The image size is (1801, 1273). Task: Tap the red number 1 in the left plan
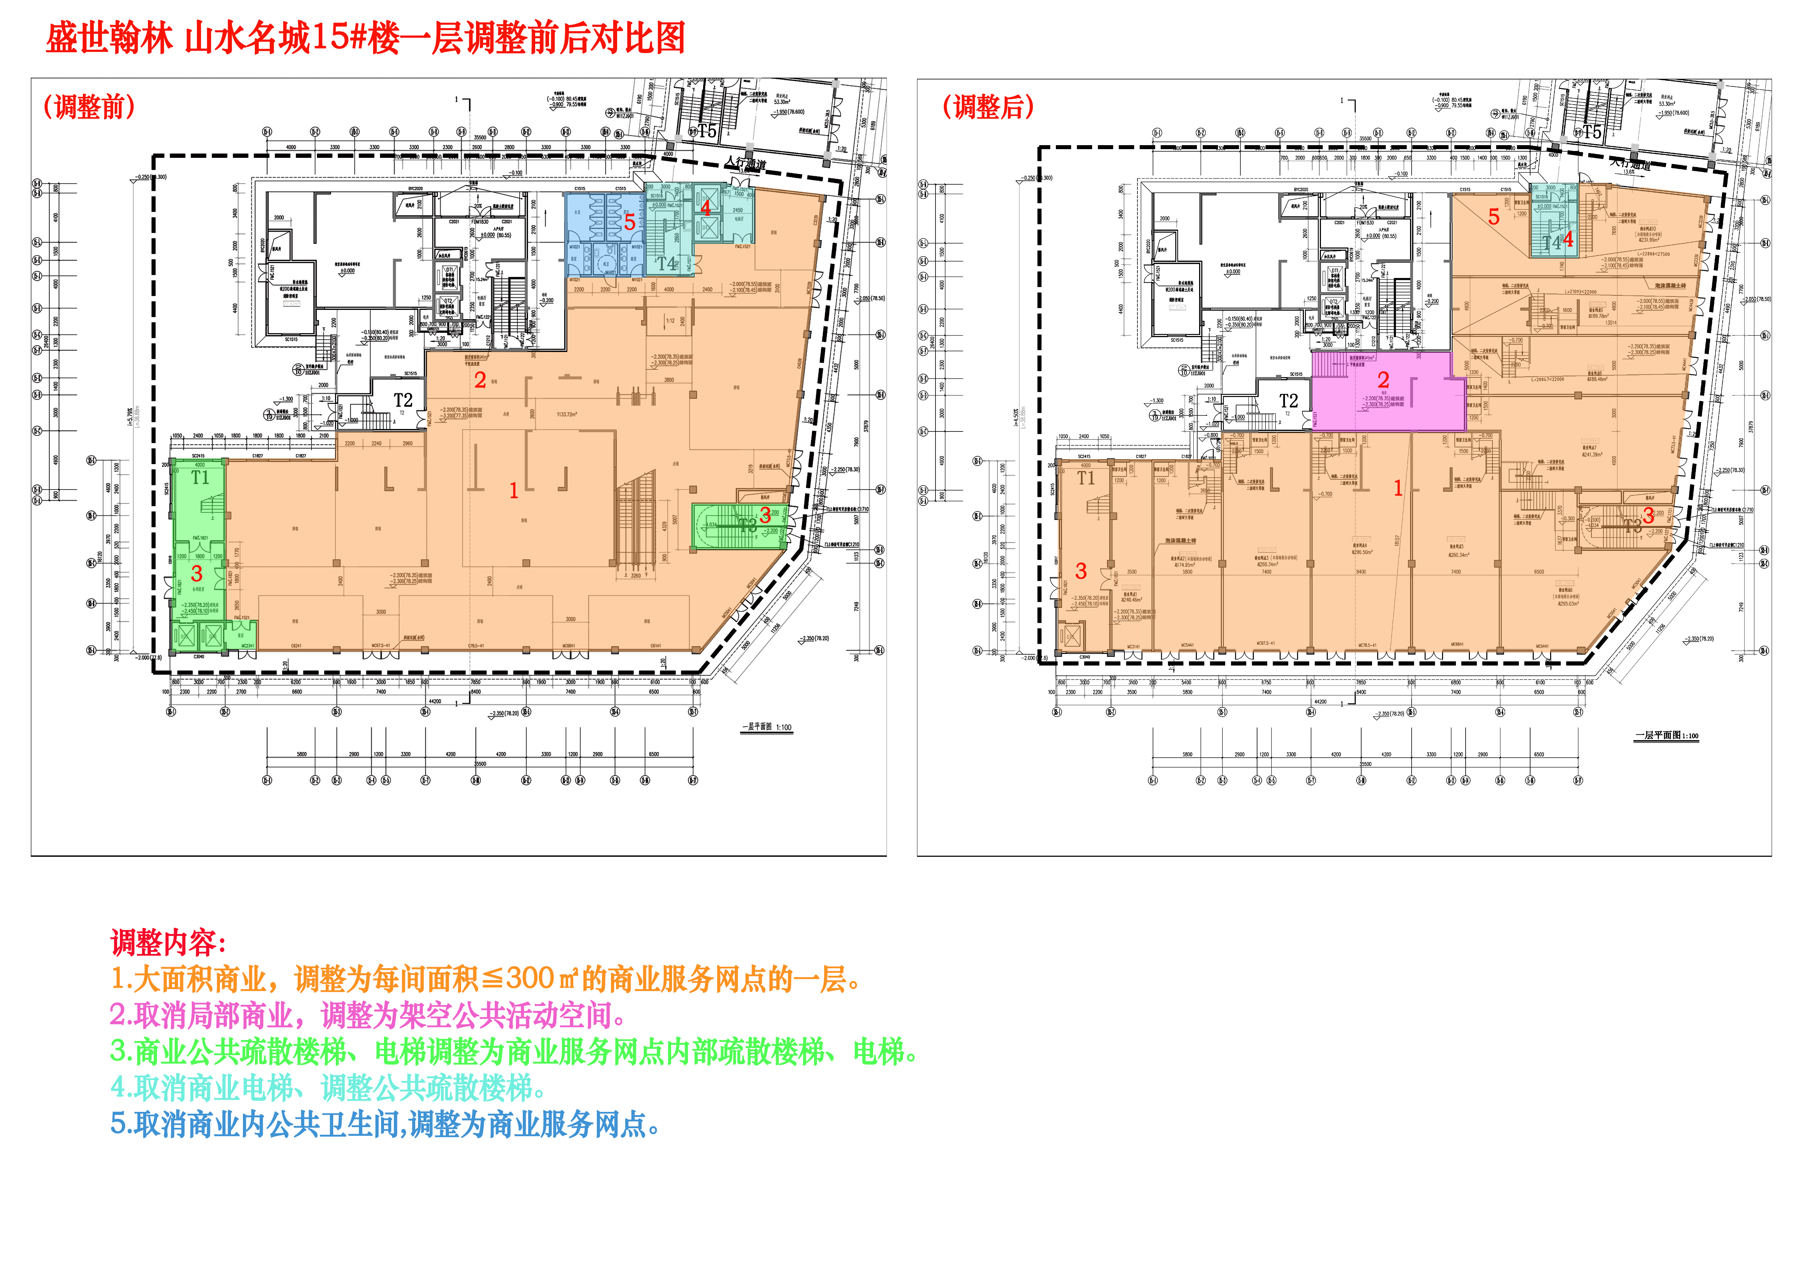click(514, 491)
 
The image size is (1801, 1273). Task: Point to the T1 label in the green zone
click(200, 477)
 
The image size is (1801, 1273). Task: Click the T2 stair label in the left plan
click(402, 400)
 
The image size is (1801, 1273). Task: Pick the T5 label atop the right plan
click(1591, 132)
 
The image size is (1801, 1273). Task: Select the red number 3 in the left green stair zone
click(197, 574)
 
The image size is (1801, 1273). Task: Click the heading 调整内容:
click(169, 942)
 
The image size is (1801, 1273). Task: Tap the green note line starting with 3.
click(514, 1052)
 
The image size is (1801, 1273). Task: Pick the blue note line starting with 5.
click(384, 1125)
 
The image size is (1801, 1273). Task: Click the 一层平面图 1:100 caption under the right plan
click(1666, 736)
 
